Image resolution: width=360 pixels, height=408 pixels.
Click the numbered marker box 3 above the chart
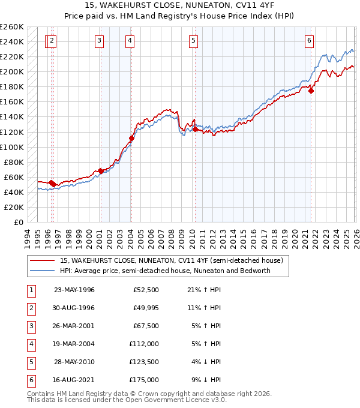(99, 41)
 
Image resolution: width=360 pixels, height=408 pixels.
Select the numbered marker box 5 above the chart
(193, 41)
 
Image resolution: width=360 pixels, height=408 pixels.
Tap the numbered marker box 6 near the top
(309, 41)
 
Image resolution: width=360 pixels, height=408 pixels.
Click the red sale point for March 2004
(131, 138)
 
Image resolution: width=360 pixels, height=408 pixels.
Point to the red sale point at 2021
(311, 91)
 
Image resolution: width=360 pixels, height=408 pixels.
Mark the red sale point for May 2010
(194, 129)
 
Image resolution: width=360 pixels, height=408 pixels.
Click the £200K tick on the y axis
(12, 71)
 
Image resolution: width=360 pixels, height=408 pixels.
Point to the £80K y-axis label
(14, 162)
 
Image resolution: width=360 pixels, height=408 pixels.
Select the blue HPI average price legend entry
(165, 271)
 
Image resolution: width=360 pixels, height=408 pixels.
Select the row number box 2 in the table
(29, 308)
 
